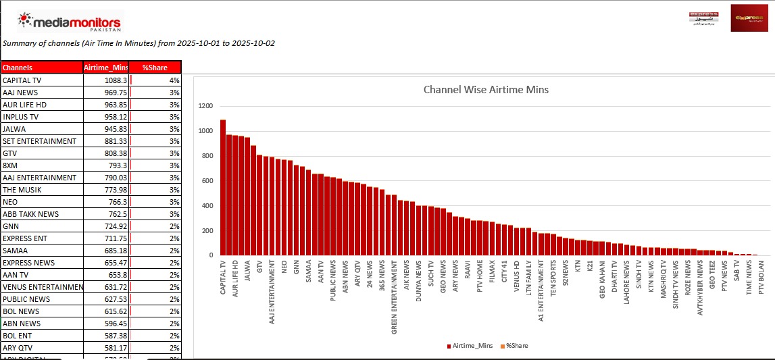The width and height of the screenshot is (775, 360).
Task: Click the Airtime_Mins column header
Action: [x=105, y=68]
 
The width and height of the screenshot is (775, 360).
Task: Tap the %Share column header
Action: [x=155, y=68]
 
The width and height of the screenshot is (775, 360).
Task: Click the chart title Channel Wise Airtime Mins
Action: [x=486, y=89]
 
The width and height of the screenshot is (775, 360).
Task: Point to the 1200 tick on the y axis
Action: [x=205, y=106]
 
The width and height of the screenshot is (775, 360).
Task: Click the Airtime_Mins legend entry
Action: [x=471, y=346]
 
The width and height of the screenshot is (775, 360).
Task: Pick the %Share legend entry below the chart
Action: [x=517, y=346]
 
